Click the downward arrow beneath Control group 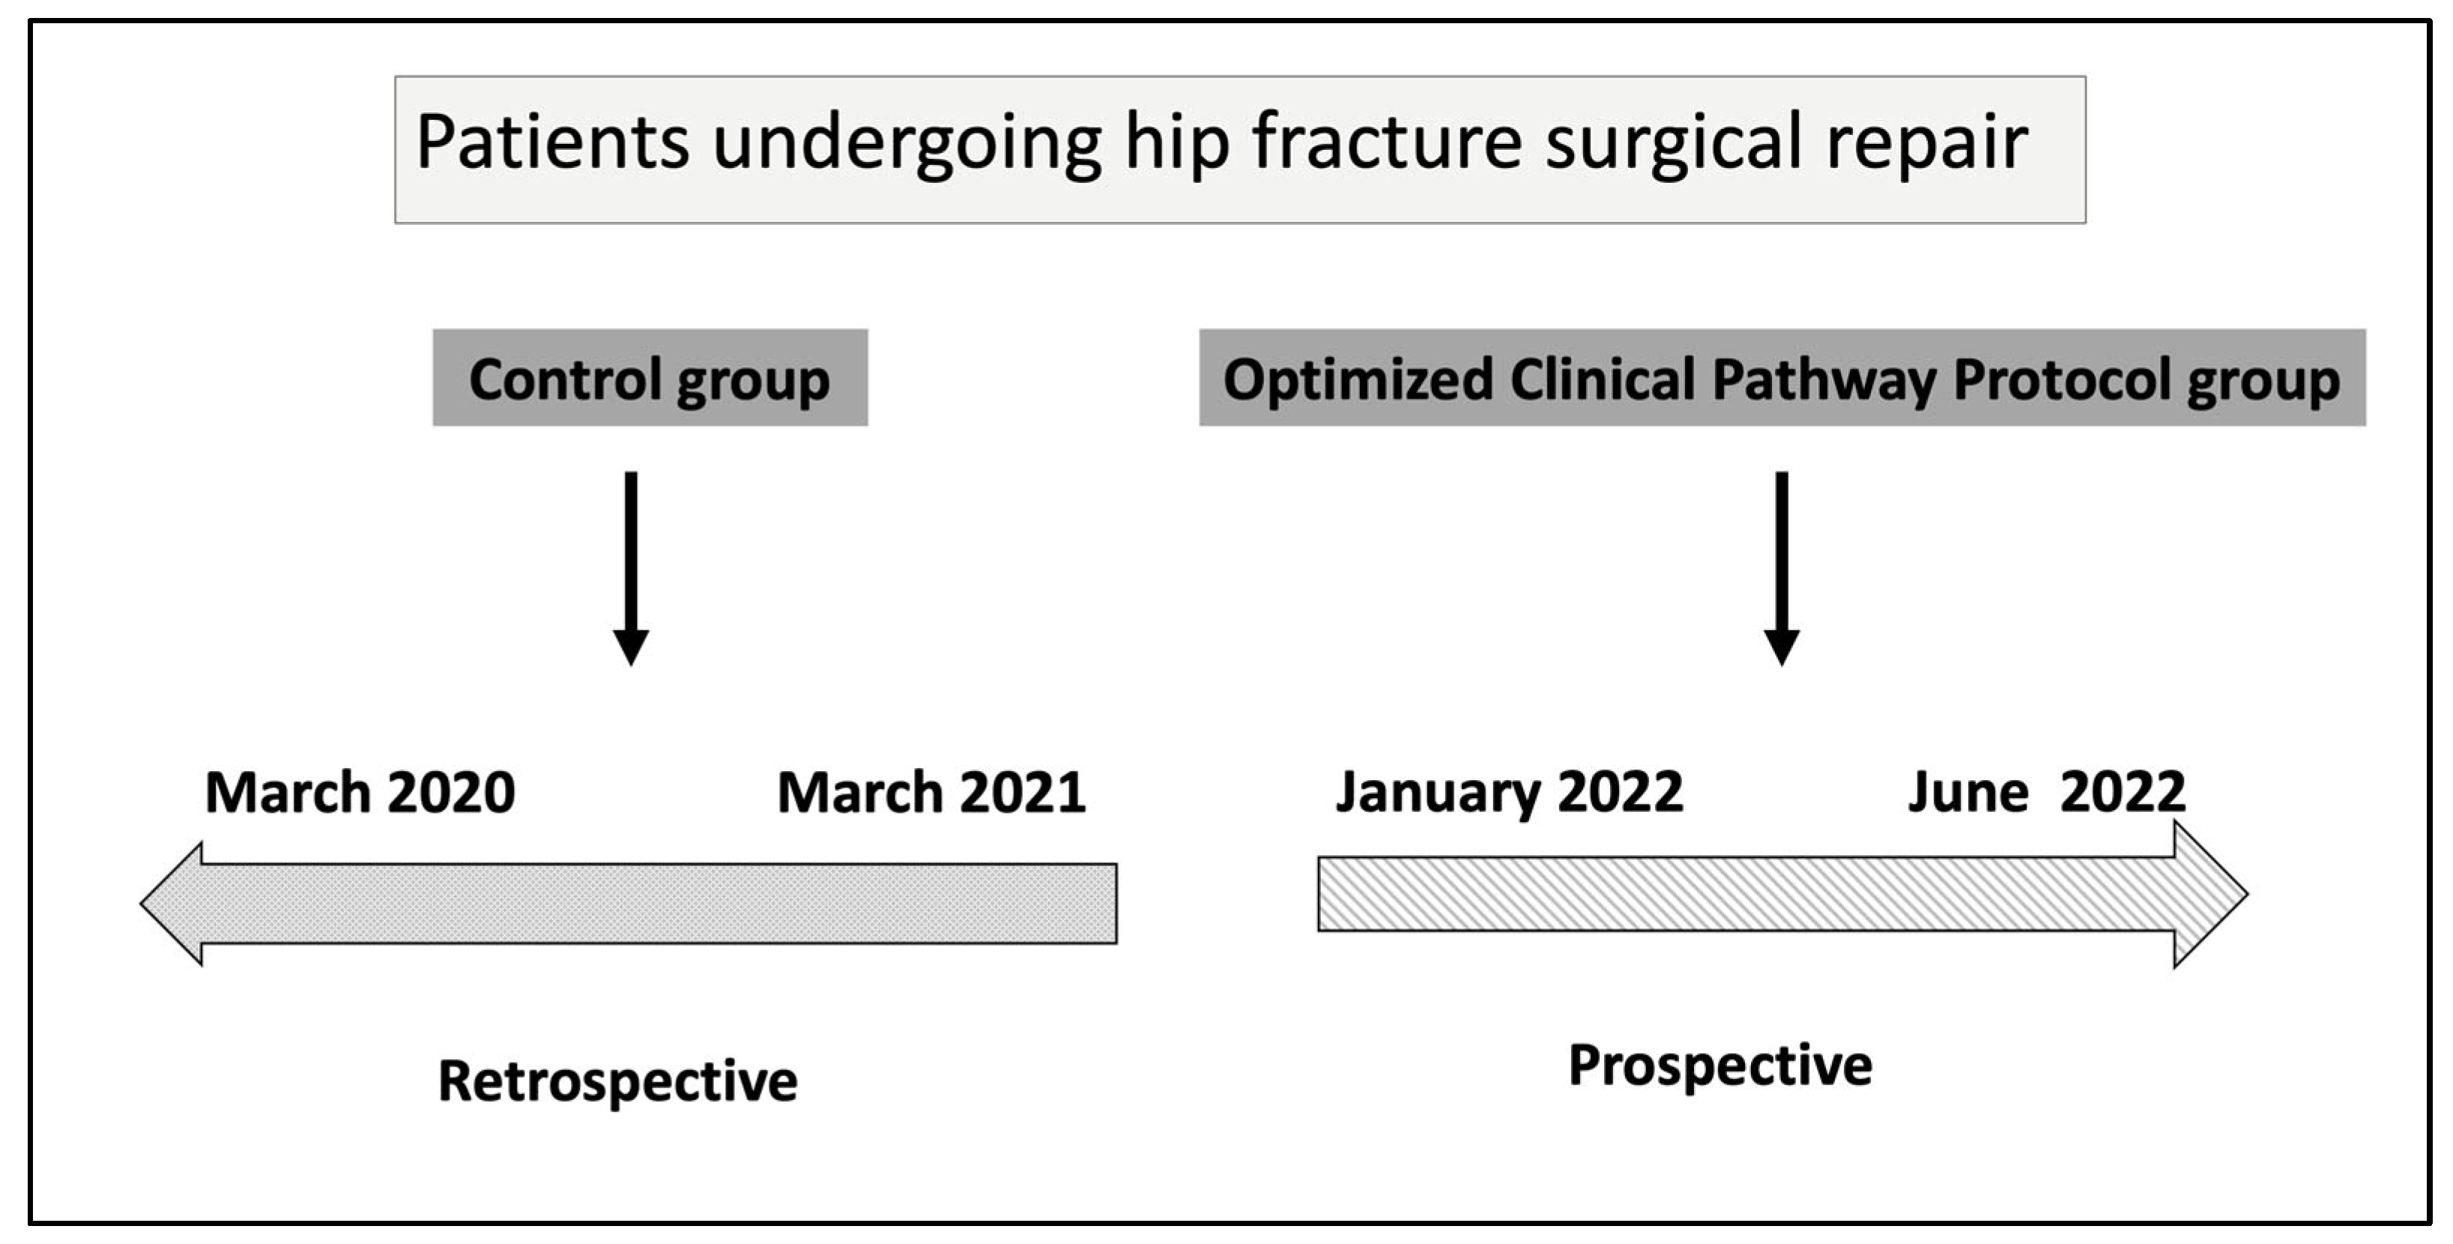[630, 568]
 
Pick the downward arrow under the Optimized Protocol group [1782, 568]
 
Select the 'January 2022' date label [1509, 793]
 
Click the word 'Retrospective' [617, 1082]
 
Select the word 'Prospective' [1719, 1066]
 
